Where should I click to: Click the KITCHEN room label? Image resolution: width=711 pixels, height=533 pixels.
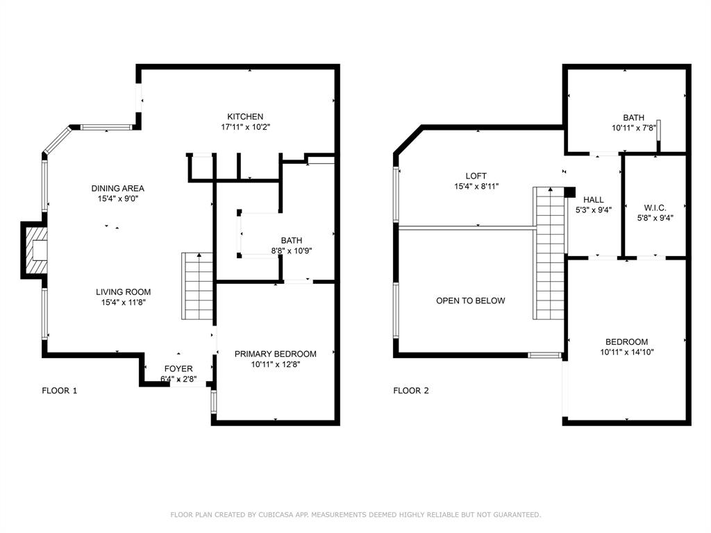point(245,117)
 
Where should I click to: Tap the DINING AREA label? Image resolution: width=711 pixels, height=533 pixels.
point(117,188)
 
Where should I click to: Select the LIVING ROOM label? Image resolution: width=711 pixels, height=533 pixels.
point(123,292)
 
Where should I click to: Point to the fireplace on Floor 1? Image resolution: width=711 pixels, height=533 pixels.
point(35,251)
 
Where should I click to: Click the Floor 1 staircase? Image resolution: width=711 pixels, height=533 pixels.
point(197,286)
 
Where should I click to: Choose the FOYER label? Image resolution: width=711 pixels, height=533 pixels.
point(178,369)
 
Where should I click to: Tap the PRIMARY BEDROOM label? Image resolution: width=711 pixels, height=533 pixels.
point(275,354)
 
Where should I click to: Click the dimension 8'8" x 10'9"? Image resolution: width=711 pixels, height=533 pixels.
point(291,252)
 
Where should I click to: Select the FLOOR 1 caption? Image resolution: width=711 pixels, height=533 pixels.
point(60,391)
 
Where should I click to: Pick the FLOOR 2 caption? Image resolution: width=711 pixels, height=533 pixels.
point(411,391)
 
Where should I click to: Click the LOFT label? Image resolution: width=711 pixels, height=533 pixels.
point(476,176)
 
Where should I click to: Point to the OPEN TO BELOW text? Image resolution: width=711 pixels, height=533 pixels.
point(470,301)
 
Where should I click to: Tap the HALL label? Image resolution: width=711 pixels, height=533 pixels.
point(593,200)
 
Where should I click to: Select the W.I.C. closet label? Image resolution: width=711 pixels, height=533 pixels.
point(655,207)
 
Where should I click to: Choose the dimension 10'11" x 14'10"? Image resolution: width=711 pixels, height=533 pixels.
point(626,352)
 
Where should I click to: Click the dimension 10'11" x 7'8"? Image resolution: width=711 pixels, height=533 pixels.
point(633,128)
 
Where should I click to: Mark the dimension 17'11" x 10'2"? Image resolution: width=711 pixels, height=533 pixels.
point(245,127)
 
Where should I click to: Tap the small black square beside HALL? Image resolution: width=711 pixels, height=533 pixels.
point(570,192)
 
